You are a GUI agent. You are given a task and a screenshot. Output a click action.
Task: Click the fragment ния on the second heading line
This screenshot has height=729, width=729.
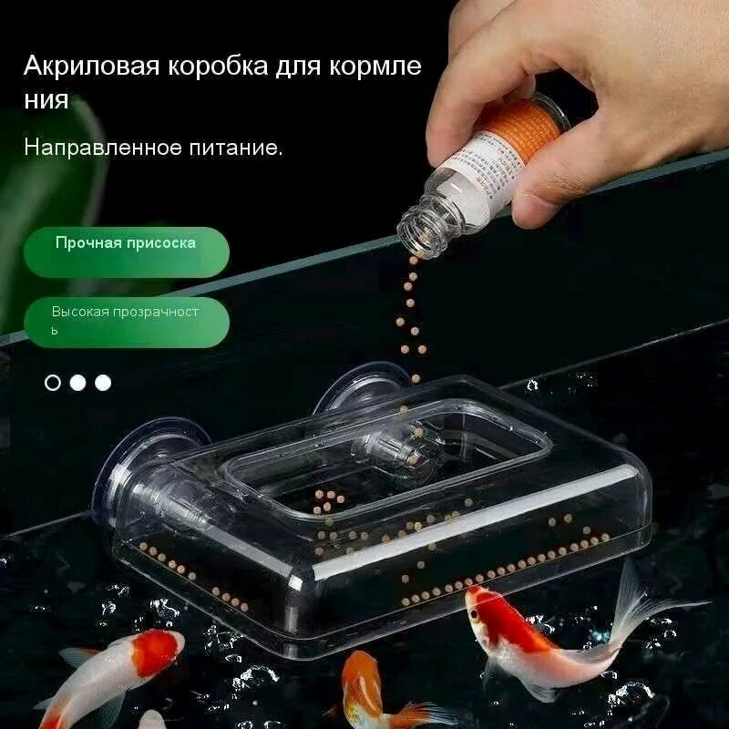tap(46, 99)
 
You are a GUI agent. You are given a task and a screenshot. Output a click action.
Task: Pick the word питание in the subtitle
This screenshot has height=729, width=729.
tap(234, 147)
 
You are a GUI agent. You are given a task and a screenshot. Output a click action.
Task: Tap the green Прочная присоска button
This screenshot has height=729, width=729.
tap(126, 244)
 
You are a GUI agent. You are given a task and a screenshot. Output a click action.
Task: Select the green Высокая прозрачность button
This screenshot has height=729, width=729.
tap(125, 320)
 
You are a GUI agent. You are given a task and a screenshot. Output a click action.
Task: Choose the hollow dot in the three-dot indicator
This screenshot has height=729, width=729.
tap(53, 383)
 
